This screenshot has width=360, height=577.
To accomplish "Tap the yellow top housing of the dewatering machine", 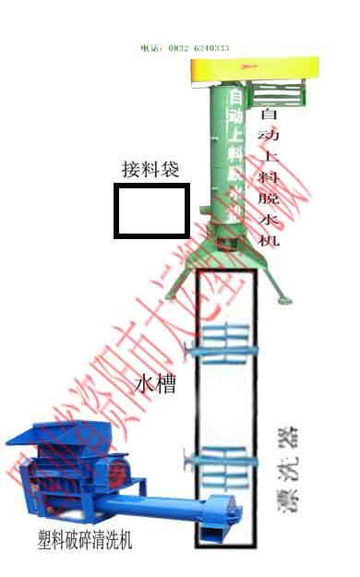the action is click(254, 66).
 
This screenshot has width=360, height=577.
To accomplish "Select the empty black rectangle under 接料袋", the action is click(151, 210).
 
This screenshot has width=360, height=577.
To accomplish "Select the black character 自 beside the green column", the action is click(269, 114).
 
